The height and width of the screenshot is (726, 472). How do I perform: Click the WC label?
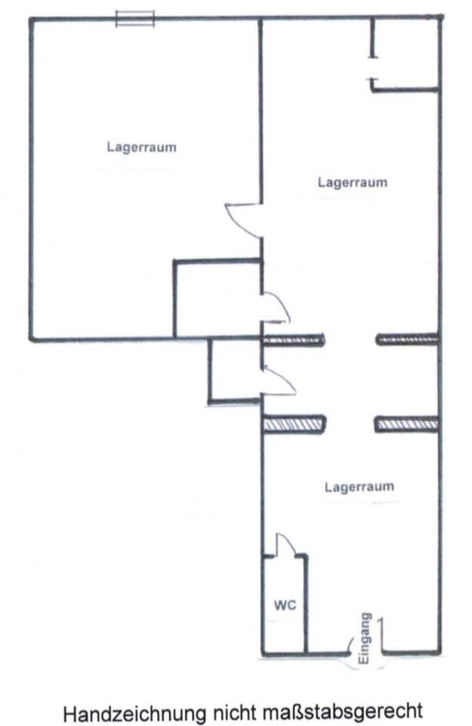pyautogui.click(x=285, y=605)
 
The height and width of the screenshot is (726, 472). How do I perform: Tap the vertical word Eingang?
pyautogui.click(x=365, y=638)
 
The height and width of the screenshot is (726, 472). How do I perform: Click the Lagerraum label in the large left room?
pyautogui.click(x=141, y=147)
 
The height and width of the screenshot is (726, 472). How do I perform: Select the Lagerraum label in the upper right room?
pyautogui.click(x=352, y=182)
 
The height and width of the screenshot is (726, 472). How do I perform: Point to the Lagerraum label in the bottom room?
pyautogui.click(x=359, y=486)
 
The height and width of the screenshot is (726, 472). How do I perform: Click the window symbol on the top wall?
pyautogui.click(x=135, y=18)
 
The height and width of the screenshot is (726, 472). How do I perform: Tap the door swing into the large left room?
pyautogui.click(x=242, y=220)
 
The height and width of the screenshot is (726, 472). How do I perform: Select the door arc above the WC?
pyautogui.click(x=285, y=543)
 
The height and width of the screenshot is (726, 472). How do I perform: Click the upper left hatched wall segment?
pyautogui.click(x=294, y=340)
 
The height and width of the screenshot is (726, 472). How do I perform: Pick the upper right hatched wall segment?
pyautogui.click(x=407, y=340)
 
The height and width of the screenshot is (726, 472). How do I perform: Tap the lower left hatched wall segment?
pyautogui.click(x=294, y=424)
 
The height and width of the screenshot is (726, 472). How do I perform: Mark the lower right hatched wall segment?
pyautogui.click(x=406, y=424)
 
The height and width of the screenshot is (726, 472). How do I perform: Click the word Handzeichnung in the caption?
pyautogui.click(x=134, y=712)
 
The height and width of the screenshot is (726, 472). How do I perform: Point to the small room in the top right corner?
pyautogui.click(x=406, y=54)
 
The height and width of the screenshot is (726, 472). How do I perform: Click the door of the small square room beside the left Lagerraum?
pyautogui.click(x=276, y=307)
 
